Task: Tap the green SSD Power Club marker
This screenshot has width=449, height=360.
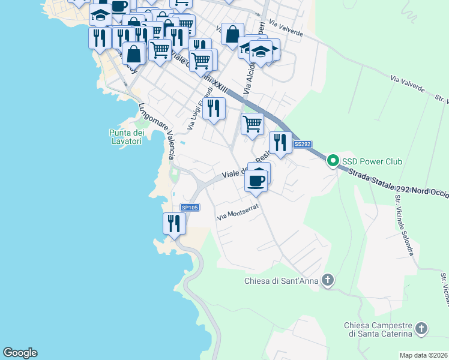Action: [333, 161]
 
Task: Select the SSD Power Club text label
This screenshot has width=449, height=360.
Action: [372, 162]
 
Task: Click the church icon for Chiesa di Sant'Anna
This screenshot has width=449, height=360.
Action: [328, 280]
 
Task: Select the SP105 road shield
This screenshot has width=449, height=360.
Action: [190, 207]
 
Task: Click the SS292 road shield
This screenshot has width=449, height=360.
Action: [302, 145]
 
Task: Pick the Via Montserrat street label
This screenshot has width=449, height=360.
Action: [237, 213]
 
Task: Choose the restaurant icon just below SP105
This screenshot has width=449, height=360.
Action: [174, 224]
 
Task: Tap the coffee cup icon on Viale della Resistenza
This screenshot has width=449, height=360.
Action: [256, 181]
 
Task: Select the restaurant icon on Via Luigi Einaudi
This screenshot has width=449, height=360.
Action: [214, 109]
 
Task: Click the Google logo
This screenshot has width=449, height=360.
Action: [20, 353]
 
